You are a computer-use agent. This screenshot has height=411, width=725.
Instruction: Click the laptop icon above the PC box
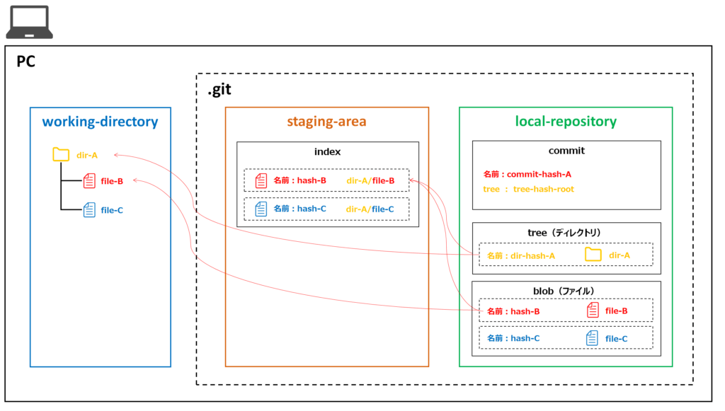pos(29,22)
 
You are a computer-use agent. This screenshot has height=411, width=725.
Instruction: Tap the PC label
pos(26,62)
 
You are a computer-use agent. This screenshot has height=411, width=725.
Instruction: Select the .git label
pos(219,90)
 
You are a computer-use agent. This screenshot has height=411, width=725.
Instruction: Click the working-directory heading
pos(100,122)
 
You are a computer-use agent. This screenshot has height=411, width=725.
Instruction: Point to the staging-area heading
pos(326,122)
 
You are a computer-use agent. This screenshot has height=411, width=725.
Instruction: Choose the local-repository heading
pos(566,122)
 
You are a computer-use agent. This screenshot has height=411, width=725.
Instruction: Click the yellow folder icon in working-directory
pos(61,154)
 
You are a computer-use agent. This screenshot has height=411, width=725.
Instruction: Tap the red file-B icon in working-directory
pos(89,181)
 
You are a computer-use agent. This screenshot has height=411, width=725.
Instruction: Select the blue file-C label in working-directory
pos(112,210)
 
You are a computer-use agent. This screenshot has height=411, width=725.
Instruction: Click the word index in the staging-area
pos(327,152)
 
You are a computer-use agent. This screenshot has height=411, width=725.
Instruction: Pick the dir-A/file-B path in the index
pos(370,180)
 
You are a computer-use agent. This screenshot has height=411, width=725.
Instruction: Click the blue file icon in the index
pos(261,209)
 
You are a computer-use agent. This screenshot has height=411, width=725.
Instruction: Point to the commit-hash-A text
pos(539,174)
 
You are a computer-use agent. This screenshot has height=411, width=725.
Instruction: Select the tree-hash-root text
pos(544,189)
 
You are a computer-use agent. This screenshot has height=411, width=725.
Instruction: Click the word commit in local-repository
pos(566,151)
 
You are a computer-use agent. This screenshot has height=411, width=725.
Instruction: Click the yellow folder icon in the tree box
pos(593,255)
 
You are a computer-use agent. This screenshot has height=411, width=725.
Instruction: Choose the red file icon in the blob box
pos(593,310)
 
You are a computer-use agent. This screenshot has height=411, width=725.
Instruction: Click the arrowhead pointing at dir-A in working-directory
pos(116,155)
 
